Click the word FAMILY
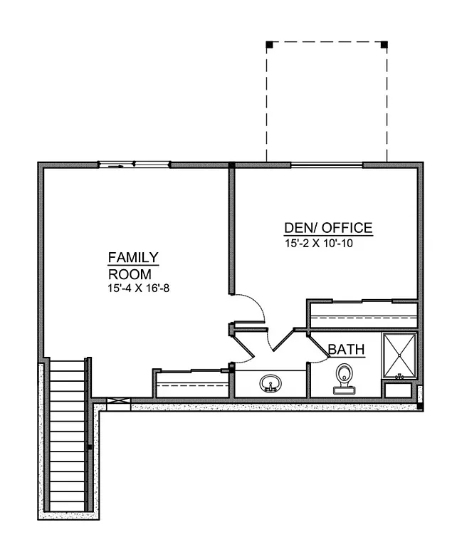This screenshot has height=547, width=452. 133,257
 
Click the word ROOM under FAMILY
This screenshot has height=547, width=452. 129,273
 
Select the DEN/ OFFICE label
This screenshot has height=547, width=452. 327,228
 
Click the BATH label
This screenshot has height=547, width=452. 346,350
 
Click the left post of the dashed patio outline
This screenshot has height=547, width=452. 269,45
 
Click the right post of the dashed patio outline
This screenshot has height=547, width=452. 384,45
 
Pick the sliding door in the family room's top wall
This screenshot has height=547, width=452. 134,165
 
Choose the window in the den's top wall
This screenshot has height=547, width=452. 327,165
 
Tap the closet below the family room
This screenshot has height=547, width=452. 191,384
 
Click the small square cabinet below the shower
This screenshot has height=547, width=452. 398,390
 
